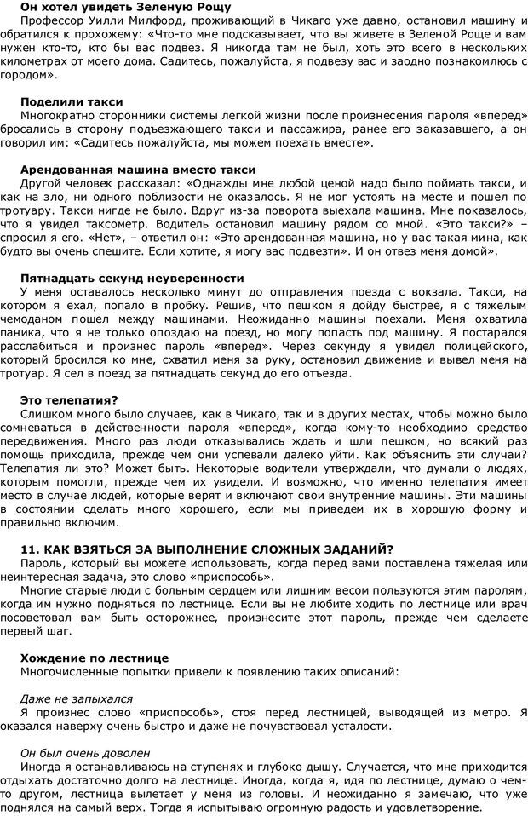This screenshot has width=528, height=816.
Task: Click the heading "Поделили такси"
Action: pyautogui.click(x=72, y=102)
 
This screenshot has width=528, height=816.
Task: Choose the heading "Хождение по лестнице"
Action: pyautogui.click(x=95, y=658)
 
